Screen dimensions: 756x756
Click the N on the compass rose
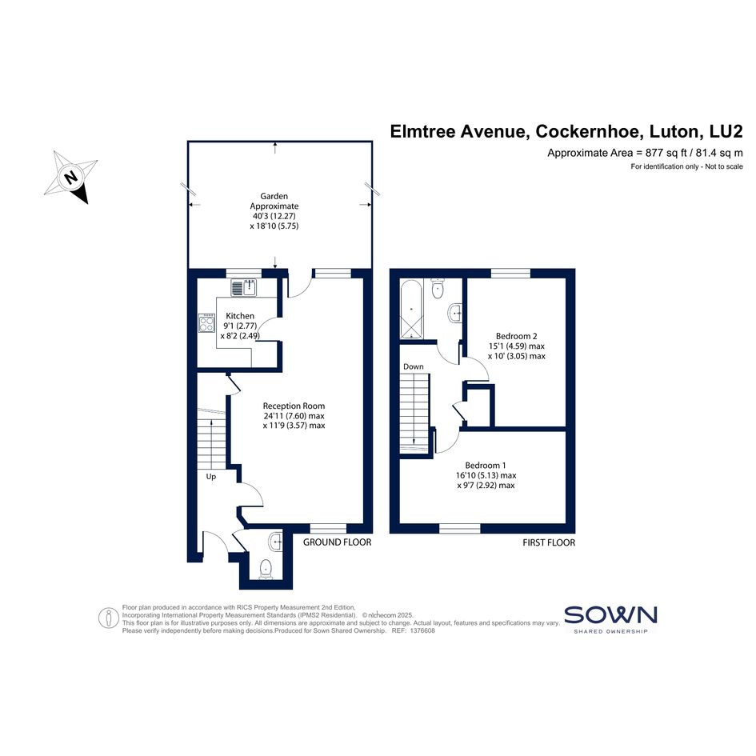pos(71,177)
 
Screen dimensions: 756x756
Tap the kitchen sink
pos(244,288)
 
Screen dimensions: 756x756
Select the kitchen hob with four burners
pos(206,323)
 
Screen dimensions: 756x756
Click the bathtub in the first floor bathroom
pos(410,309)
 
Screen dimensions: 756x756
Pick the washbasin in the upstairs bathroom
pos(455,314)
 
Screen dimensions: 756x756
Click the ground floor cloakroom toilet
pos(266,569)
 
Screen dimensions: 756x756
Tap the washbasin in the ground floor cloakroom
pos(276,542)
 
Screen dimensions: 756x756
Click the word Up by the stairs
pos(210,476)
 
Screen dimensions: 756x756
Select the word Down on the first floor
pos(413,366)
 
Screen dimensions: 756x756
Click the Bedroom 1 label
pos(486,466)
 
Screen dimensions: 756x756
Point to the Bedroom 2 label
pos(516,336)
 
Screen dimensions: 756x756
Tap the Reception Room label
pos(294,406)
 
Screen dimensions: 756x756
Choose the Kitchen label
pos(240,316)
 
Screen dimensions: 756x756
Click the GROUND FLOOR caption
pos(337,542)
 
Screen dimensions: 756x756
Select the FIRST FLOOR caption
pos(549,542)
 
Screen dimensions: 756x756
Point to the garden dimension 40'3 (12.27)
pos(274,216)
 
